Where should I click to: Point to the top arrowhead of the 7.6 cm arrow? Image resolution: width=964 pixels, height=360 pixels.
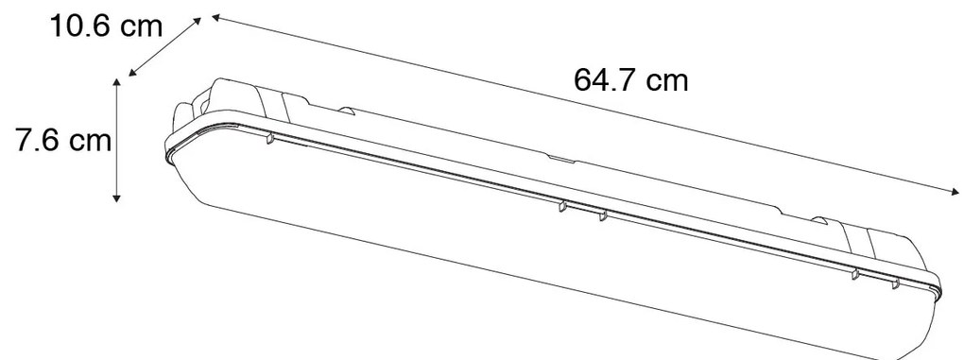pos(117,82)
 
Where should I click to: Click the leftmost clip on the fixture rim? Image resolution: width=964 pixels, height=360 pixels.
pos(269,139)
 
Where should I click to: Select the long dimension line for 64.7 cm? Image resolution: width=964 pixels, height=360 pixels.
pos(586,105)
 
